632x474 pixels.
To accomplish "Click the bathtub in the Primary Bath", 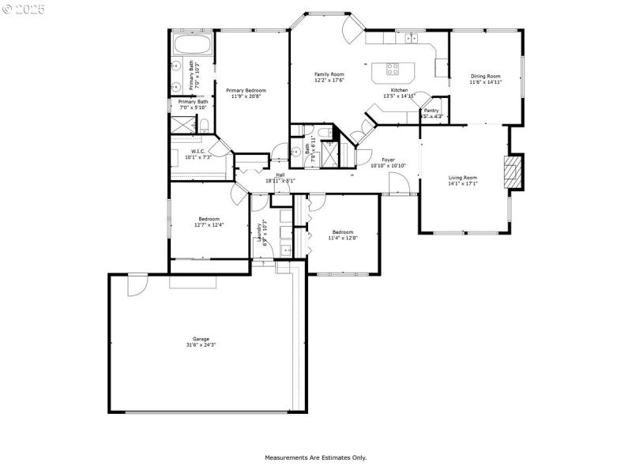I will click(x=192, y=44).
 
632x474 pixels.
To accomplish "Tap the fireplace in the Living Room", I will click(x=514, y=171).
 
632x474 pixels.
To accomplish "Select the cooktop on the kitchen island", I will click(x=393, y=70).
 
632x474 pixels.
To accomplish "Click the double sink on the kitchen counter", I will click(x=412, y=38).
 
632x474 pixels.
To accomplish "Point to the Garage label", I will click(x=201, y=339).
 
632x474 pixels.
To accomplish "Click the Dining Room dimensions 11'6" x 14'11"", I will click(x=486, y=82).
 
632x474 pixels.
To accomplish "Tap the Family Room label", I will click(x=329, y=74).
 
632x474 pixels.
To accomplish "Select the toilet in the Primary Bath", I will click(x=203, y=125).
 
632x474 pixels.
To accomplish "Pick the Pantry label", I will click(x=431, y=111).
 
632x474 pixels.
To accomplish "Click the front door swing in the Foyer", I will click(x=399, y=184).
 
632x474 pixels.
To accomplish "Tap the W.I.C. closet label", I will click(x=197, y=151).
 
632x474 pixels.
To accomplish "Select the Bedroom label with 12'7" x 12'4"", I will click(x=209, y=219).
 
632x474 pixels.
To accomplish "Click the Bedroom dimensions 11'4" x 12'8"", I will click(x=343, y=238).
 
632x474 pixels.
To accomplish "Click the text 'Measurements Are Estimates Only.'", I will click(x=315, y=457).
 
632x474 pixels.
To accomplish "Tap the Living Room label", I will click(x=463, y=178).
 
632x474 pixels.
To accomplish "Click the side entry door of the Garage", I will click(x=137, y=283).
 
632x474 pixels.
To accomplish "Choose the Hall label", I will click(x=280, y=175).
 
